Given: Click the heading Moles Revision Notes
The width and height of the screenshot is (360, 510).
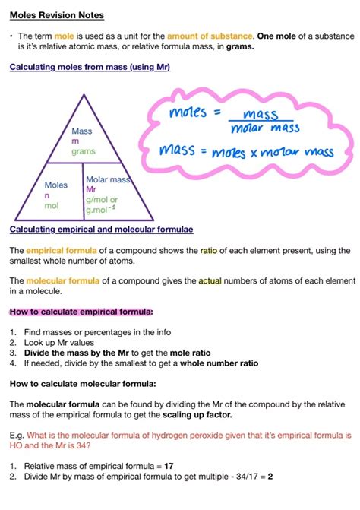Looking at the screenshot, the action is pos(57,15).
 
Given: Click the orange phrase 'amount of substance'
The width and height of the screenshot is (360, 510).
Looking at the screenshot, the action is pos(211,36).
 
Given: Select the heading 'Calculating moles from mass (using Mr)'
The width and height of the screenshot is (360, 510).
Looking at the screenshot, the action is pos(90,68).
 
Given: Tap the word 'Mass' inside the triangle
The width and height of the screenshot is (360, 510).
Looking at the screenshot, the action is pos(82,131).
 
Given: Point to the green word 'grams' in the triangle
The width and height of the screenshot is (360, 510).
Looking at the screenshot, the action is pos(84,152).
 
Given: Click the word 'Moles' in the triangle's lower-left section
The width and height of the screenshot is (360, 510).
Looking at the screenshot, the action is pos(55,185).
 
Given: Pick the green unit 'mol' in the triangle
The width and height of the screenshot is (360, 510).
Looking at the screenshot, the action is pos(51,206).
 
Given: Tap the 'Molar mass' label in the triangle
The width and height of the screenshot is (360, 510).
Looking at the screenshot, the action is pos(108,179).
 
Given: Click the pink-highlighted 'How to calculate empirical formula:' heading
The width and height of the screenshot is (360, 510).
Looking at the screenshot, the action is pos(81,312).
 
